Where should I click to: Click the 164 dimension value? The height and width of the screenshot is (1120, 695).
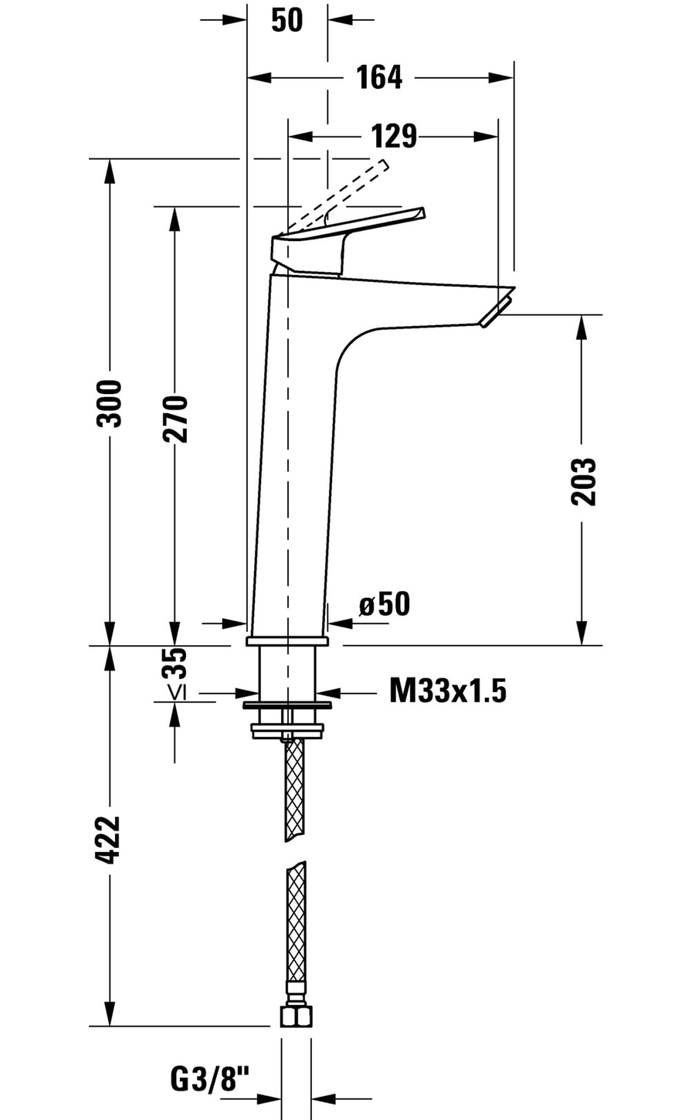379,77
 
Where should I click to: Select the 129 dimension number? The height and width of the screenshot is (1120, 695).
394,136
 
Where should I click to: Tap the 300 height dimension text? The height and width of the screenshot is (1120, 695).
109,403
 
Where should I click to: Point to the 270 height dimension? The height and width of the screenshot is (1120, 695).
175,419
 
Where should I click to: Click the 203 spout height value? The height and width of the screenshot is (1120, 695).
584,481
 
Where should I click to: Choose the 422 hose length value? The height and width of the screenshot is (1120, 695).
109,840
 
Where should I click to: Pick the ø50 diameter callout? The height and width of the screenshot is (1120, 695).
385,604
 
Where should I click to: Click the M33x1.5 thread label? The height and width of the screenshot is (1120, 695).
448,691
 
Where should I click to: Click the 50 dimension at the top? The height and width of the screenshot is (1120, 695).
287,20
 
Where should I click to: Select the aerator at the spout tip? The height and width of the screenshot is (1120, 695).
496,311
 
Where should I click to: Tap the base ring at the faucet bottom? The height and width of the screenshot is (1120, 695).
287,642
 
